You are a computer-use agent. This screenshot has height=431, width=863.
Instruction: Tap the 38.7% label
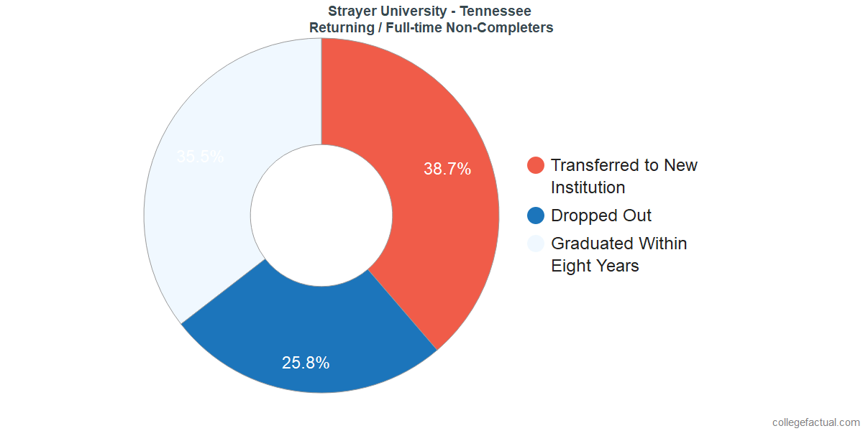click(447, 170)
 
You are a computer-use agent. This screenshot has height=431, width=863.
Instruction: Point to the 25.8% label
click(306, 363)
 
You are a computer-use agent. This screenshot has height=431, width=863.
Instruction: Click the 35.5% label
click(200, 157)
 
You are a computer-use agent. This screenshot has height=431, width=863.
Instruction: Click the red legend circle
click(536, 165)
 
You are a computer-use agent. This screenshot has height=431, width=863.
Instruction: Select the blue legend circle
click(536, 215)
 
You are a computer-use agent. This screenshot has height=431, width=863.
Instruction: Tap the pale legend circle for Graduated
click(536, 244)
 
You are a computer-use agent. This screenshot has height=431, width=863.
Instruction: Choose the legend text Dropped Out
click(601, 215)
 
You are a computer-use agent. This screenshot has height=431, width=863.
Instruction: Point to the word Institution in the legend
click(588, 187)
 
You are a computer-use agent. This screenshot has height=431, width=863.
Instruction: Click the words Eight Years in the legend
click(595, 266)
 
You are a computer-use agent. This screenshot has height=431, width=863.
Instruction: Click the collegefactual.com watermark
click(816, 422)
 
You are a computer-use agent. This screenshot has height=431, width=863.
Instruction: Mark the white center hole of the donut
click(321, 215)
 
